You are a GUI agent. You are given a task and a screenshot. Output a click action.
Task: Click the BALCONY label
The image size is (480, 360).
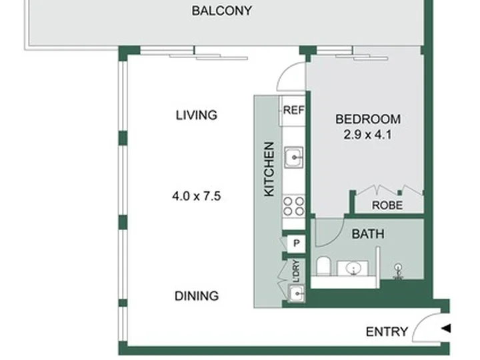222,11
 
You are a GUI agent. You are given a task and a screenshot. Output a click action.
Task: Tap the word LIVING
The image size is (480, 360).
197,115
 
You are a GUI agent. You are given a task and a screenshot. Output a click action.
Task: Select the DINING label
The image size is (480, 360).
197,296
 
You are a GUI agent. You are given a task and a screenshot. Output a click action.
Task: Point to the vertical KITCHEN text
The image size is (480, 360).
269,169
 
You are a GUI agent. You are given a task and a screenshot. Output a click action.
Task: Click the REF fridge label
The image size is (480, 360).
294,110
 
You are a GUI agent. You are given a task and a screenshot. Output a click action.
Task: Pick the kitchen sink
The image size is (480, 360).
294,157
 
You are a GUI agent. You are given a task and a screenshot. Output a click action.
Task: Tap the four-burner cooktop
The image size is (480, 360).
293,206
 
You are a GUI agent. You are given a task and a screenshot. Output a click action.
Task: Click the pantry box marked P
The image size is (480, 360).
296,244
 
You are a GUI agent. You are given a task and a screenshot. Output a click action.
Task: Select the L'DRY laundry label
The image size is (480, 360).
296,271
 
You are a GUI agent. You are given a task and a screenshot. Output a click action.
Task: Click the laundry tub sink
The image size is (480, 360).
296,293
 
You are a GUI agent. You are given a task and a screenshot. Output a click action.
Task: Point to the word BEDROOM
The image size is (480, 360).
368,119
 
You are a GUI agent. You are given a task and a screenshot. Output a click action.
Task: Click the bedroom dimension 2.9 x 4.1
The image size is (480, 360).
367,135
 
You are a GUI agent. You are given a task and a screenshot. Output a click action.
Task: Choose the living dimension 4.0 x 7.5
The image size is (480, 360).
197,196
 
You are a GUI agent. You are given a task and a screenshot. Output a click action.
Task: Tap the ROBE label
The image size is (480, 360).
387,205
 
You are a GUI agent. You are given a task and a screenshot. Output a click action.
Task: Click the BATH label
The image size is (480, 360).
368,234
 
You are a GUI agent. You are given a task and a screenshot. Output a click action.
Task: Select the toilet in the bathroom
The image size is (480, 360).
323,266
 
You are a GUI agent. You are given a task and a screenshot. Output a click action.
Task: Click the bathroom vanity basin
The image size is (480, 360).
353,269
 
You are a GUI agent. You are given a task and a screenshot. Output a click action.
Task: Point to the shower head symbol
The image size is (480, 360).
398,271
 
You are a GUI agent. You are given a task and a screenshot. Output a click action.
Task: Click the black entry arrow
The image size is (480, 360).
446,329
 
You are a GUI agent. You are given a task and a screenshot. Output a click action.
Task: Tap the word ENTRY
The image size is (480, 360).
387,332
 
